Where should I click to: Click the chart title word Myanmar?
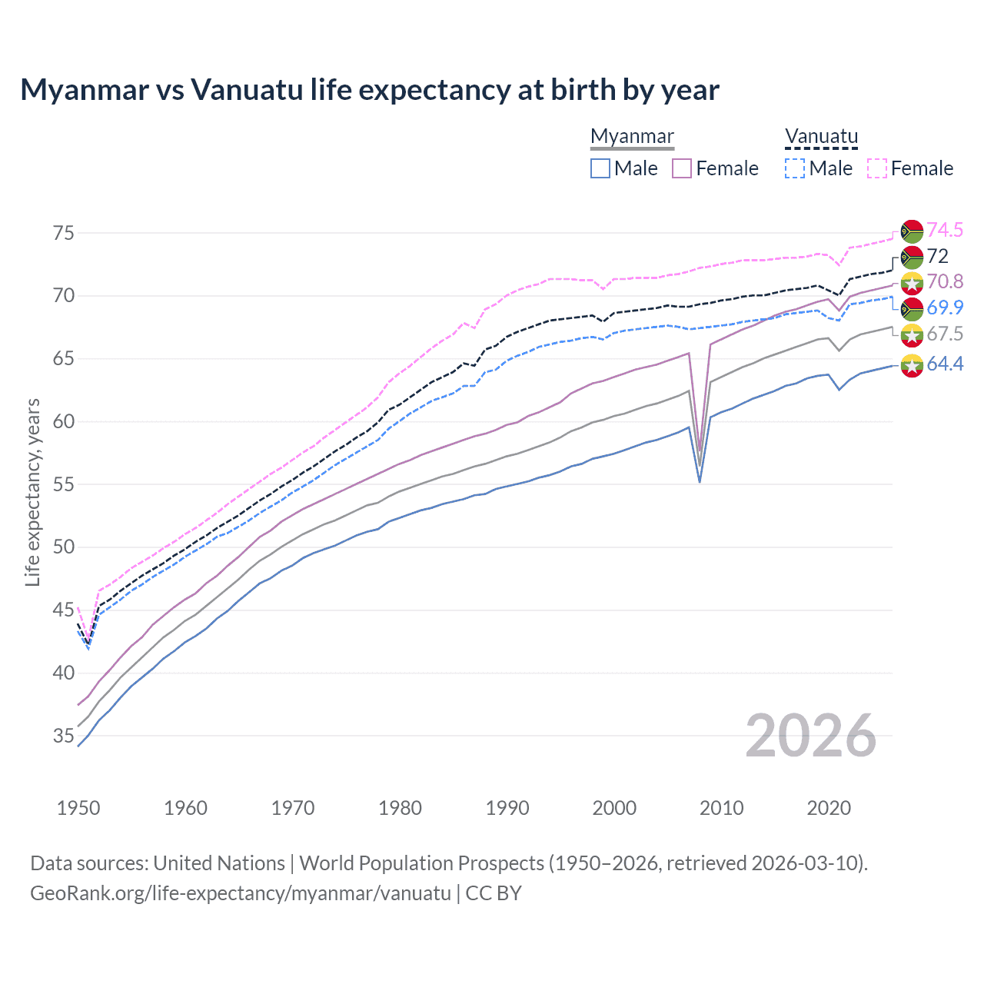coord(85,90)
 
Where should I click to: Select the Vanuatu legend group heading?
coord(821,136)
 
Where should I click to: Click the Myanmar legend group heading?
coord(632,136)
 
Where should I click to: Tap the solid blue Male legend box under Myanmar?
coord(600,168)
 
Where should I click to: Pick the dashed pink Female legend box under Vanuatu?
coord(877,168)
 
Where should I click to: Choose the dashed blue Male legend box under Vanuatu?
coord(795,168)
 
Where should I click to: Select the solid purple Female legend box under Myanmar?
coord(683,168)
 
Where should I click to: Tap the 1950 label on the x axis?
coord(78,808)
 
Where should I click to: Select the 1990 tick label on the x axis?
coord(507,808)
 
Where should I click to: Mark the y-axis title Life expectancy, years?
coord(32,492)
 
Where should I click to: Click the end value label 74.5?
coord(945,230)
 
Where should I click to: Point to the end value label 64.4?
coord(945,364)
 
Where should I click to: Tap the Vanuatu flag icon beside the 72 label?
coord(912,257)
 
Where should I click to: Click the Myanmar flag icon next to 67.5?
coord(912,334)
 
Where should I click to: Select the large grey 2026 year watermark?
coord(810,736)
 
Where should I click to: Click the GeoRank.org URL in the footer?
coord(240,893)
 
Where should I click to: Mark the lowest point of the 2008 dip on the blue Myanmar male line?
coord(700,482)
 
